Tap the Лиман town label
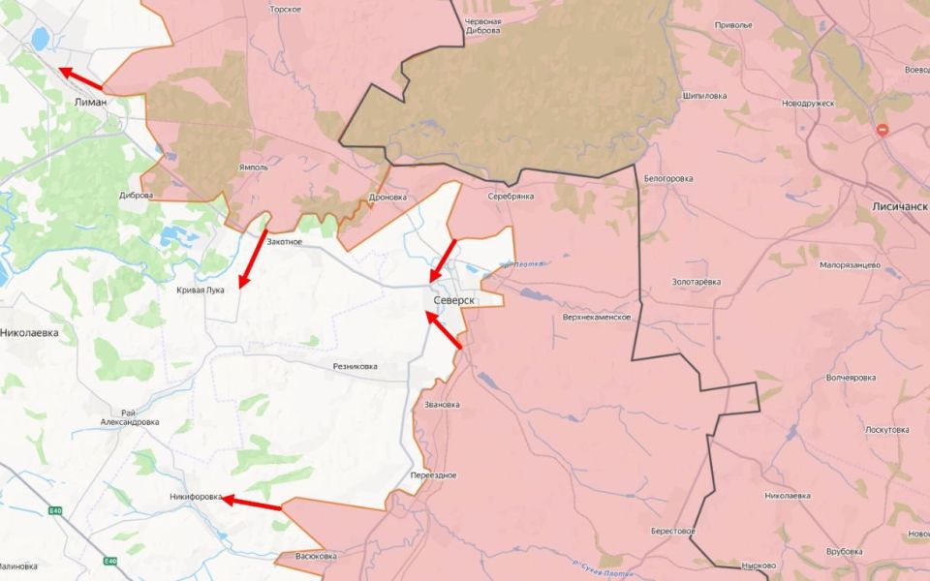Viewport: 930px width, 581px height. point(90,101)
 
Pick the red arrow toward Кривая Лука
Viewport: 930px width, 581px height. point(253,258)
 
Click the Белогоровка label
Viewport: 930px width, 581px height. point(668,178)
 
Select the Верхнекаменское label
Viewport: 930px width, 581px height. point(597,317)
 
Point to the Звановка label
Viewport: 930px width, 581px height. point(442,404)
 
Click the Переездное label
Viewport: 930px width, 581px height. point(433,474)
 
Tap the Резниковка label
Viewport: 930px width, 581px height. point(356,366)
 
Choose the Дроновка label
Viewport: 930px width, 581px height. point(388,198)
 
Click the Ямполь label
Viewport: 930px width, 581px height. point(253,168)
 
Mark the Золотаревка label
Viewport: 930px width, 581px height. point(697,282)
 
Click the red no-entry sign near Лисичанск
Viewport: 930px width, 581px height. point(883,130)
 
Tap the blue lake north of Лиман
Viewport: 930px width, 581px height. point(41,39)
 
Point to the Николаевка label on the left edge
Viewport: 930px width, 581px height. point(30,332)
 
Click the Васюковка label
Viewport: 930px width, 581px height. point(316,556)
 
